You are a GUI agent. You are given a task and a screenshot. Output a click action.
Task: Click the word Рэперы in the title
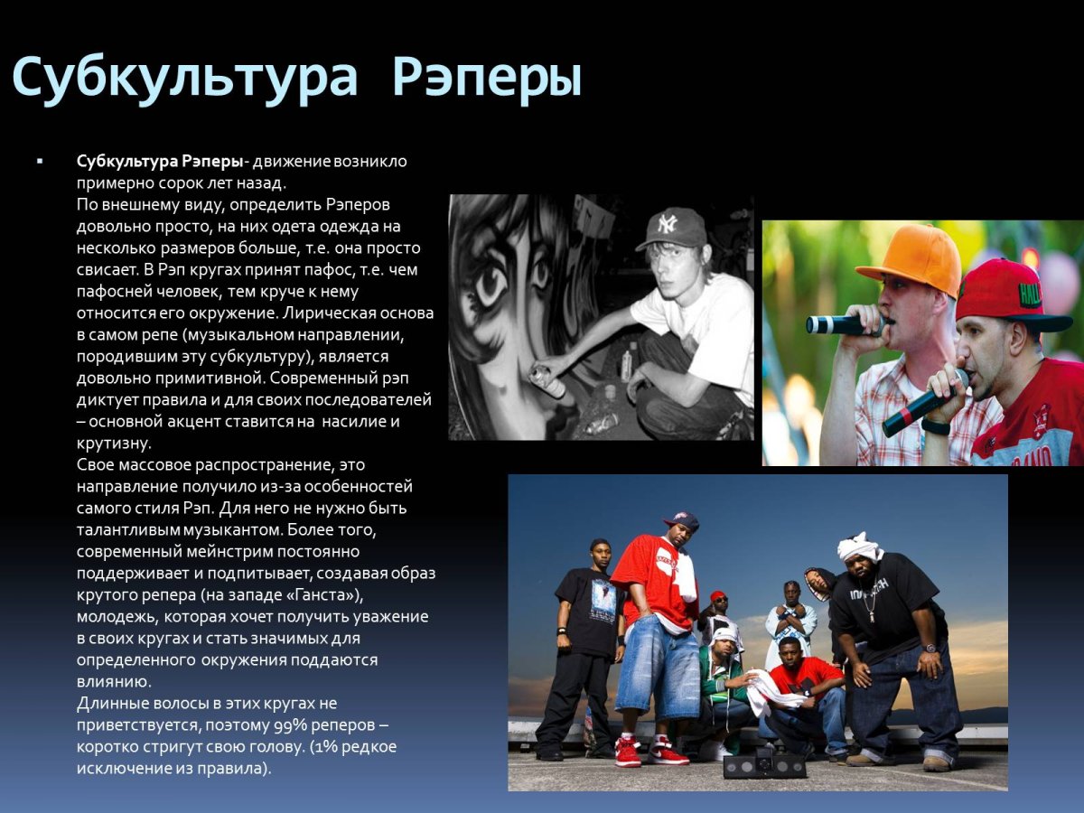pos(487,78)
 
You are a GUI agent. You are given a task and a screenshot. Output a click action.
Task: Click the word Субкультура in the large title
pos(185,78)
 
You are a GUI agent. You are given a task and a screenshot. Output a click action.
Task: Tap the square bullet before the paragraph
pos(40,161)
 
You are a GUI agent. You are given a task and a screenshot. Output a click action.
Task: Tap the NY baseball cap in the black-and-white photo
pos(671,228)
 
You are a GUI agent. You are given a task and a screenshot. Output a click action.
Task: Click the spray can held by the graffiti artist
pos(548,380)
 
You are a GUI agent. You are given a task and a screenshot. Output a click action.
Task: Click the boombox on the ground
pos(764,764)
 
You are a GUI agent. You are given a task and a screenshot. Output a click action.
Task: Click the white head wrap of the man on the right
pos(859,545)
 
